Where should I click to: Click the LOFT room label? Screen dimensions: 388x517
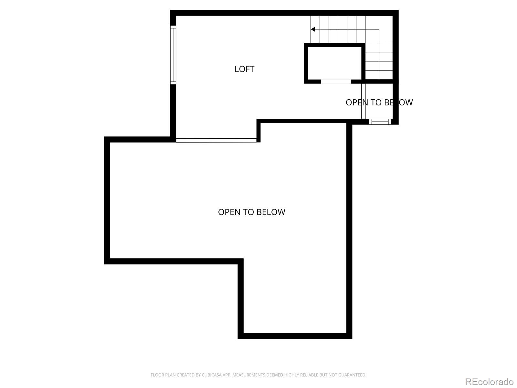[x=244, y=69]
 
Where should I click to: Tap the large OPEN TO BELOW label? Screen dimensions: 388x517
[x=251, y=212]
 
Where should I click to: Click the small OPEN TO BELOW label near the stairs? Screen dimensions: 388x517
[x=379, y=102]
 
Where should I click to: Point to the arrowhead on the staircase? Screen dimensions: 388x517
[x=313, y=29]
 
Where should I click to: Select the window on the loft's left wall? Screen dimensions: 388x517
[x=173, y=55]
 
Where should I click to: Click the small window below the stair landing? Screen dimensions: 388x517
[x=380, y=122]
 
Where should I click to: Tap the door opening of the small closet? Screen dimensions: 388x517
[x=336, y=81]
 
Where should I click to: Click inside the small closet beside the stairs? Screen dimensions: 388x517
[x=335, y=63]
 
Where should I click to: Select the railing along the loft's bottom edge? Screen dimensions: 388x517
[x=216, y=140]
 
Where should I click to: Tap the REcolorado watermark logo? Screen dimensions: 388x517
[x=489, y=382]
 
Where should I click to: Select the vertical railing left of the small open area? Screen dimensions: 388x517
[x=363, y=101]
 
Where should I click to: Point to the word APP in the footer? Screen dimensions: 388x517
[x=226, y=375]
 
